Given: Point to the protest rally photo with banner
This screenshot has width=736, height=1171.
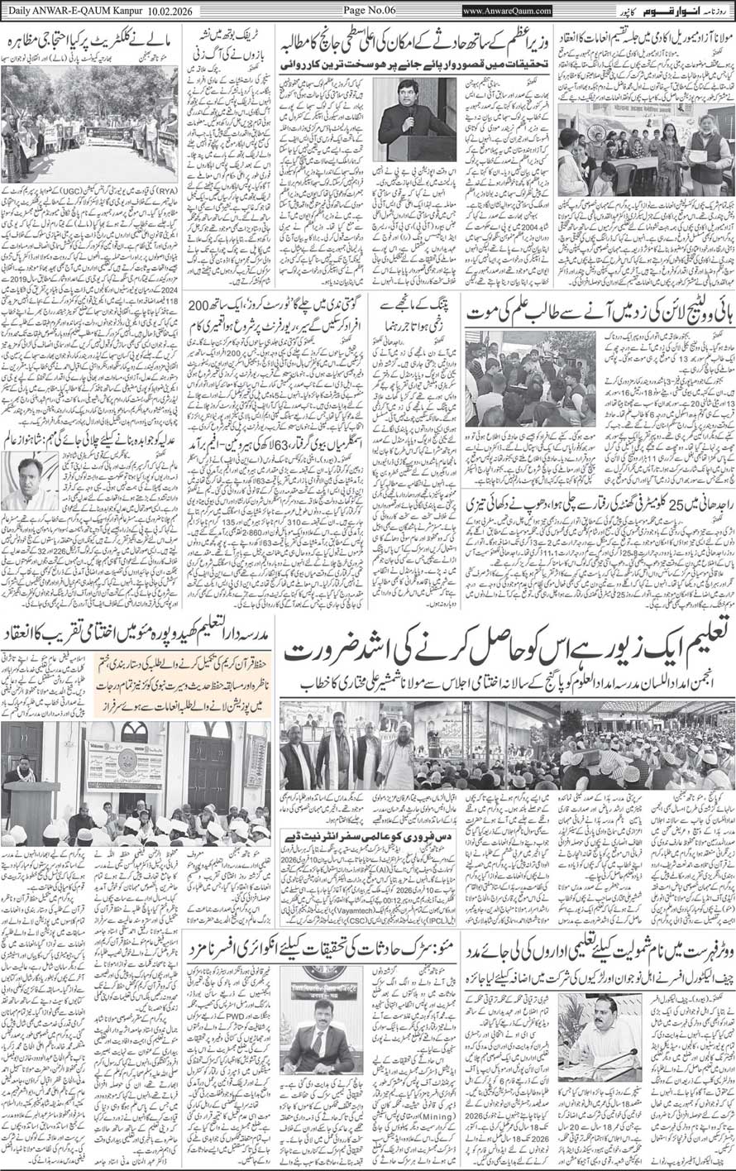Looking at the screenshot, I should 89,123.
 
